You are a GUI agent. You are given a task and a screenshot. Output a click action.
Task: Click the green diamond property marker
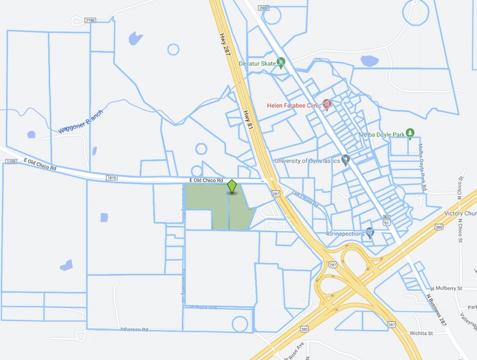click(232, 186)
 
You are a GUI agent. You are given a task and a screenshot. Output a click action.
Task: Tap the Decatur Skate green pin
click(281, 62)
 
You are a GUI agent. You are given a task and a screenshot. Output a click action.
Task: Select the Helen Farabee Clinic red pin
click(326, 105)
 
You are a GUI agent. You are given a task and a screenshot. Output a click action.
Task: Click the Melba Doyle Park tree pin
click(410, 133)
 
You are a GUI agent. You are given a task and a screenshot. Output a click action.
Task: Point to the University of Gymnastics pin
click(345, 160)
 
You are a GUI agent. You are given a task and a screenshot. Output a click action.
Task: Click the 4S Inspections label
click(346, 233)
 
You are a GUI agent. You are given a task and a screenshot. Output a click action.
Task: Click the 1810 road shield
click(111, 178)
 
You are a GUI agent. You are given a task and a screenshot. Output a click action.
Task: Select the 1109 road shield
click(11, 162)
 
